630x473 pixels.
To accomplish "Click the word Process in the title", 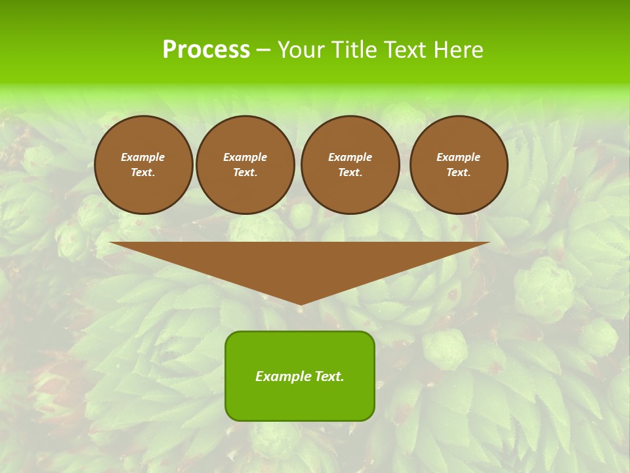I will [206, 50].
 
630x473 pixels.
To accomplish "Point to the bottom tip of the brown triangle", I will [300, 304].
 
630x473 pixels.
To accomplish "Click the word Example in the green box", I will [283, 376].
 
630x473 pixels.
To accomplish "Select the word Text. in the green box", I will [329, 376].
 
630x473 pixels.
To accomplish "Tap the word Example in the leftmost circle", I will [143, 158].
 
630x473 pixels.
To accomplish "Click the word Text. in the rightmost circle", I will [458, 173].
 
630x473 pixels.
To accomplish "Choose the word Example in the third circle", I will [350, 158].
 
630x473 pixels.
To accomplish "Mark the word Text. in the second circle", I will [245, 173].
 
